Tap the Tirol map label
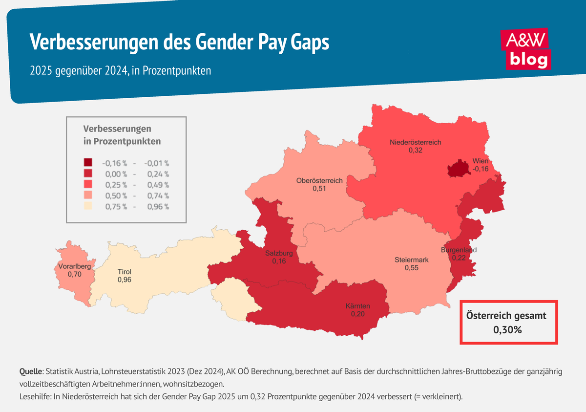(124, 272)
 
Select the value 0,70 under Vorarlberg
(75, 275)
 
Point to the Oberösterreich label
(319, 181)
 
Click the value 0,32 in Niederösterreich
(415, 151)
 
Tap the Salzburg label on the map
(279, 254)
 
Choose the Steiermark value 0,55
(411, 268)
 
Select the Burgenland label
(459, 250)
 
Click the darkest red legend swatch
(88, 163)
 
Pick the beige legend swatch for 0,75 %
(88, 206)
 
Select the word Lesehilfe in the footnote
(36, 396)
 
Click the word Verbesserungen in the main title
(94, 43)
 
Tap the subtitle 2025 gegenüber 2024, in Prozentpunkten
(120, 70)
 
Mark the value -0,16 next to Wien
(480, 169)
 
